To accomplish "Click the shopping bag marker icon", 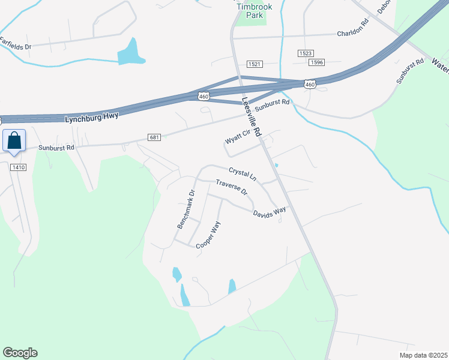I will (14, 142).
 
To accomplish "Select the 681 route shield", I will (154, 137).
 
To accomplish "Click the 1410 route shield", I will (18, 167).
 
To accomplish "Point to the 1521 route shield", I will (255, 64).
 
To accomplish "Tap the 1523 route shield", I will (305, 53).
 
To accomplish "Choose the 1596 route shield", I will (317, 62).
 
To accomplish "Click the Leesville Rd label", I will (252, 119).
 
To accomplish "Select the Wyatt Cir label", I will (237, 139).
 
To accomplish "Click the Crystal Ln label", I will (243, 174).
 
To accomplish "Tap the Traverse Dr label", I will (232, 188).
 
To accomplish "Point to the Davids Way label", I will (269, 213).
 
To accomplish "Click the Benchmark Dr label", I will (186, 209).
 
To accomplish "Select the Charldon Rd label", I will (352, 34).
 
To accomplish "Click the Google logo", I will (20, 353).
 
